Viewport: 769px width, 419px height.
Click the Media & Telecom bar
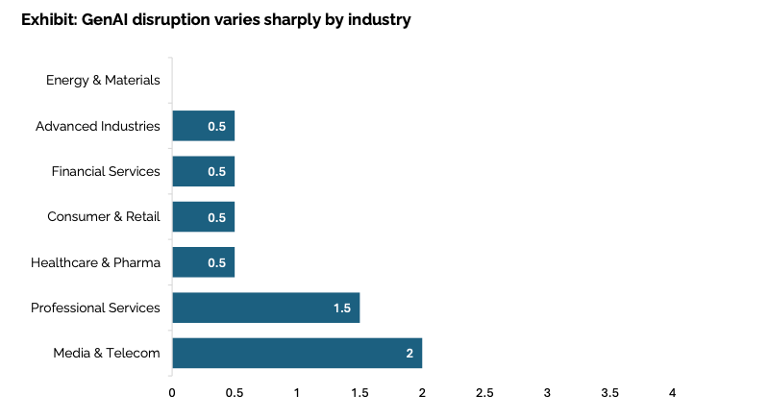coord(297,353)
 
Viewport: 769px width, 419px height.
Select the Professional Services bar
coord(266,308)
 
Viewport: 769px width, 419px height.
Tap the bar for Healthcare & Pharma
coord(204,262)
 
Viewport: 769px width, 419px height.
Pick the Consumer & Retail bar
coord(204,216)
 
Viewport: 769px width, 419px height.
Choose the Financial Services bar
coord(204,171)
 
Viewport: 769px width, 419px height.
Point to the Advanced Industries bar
coord(204,126)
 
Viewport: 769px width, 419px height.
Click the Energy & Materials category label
coord(103,81)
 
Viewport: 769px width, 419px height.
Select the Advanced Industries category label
coord(98,126)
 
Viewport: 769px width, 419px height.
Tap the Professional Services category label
coord(95,308)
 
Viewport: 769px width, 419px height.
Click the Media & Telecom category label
coord(107,353)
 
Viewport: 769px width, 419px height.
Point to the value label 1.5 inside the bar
coord(342,308)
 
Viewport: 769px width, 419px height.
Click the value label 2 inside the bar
coord(409,354)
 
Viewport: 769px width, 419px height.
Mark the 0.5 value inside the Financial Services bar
coord(216,171)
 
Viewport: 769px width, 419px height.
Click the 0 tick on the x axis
coord(172,393)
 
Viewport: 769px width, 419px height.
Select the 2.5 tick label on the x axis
coord(484,393)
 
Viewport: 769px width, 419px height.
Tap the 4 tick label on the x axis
coord(672,393)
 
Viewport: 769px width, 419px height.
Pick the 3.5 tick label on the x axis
coord(609,393)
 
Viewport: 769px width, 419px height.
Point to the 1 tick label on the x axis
coord(297,393)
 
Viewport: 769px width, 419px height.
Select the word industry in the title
coord(379,20)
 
